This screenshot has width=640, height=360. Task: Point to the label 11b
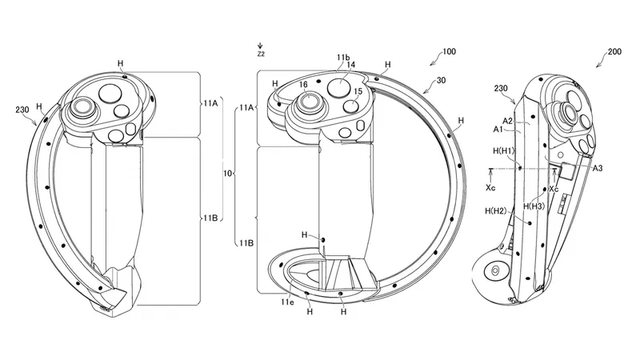coord(342,58)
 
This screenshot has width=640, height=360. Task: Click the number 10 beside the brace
coord(228,172)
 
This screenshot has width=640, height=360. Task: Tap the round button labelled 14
coord(341,86)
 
